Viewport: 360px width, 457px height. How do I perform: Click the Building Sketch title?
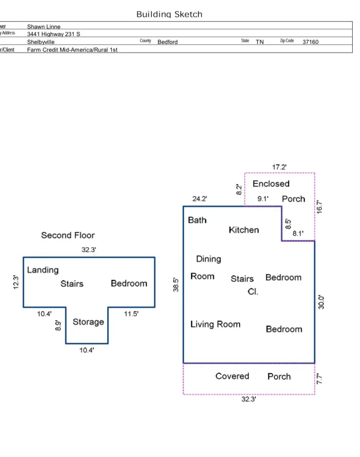(169, 14)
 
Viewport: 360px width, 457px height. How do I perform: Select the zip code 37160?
(311, 42)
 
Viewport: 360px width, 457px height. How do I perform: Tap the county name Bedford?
(167, 42)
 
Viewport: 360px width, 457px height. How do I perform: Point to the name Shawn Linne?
(44, 26)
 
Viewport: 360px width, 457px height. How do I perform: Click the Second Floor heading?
(68, 235)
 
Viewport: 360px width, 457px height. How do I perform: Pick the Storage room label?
(88, 322)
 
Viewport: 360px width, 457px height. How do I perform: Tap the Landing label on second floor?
(43, 270)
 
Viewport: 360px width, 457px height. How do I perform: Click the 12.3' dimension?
(16, 282)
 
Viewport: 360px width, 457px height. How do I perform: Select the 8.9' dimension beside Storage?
(58, 325)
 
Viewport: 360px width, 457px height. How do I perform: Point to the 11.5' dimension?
(131, 313)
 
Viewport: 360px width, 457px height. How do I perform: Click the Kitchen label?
(244, 230)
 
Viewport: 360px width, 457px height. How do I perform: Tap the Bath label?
(197, 220)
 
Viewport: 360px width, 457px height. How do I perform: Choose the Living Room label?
(215, 324)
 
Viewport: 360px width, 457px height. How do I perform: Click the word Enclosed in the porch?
(271, 184)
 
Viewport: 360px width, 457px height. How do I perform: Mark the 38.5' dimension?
(176, 285)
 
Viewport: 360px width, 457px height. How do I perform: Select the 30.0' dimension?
(321, 302)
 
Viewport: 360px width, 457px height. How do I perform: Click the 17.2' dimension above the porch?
(279, 167)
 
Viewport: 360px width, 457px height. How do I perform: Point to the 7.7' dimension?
(320, 379)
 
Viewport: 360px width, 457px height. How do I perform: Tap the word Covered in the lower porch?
(232, 376)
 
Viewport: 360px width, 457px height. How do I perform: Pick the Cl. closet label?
(253, 292)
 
